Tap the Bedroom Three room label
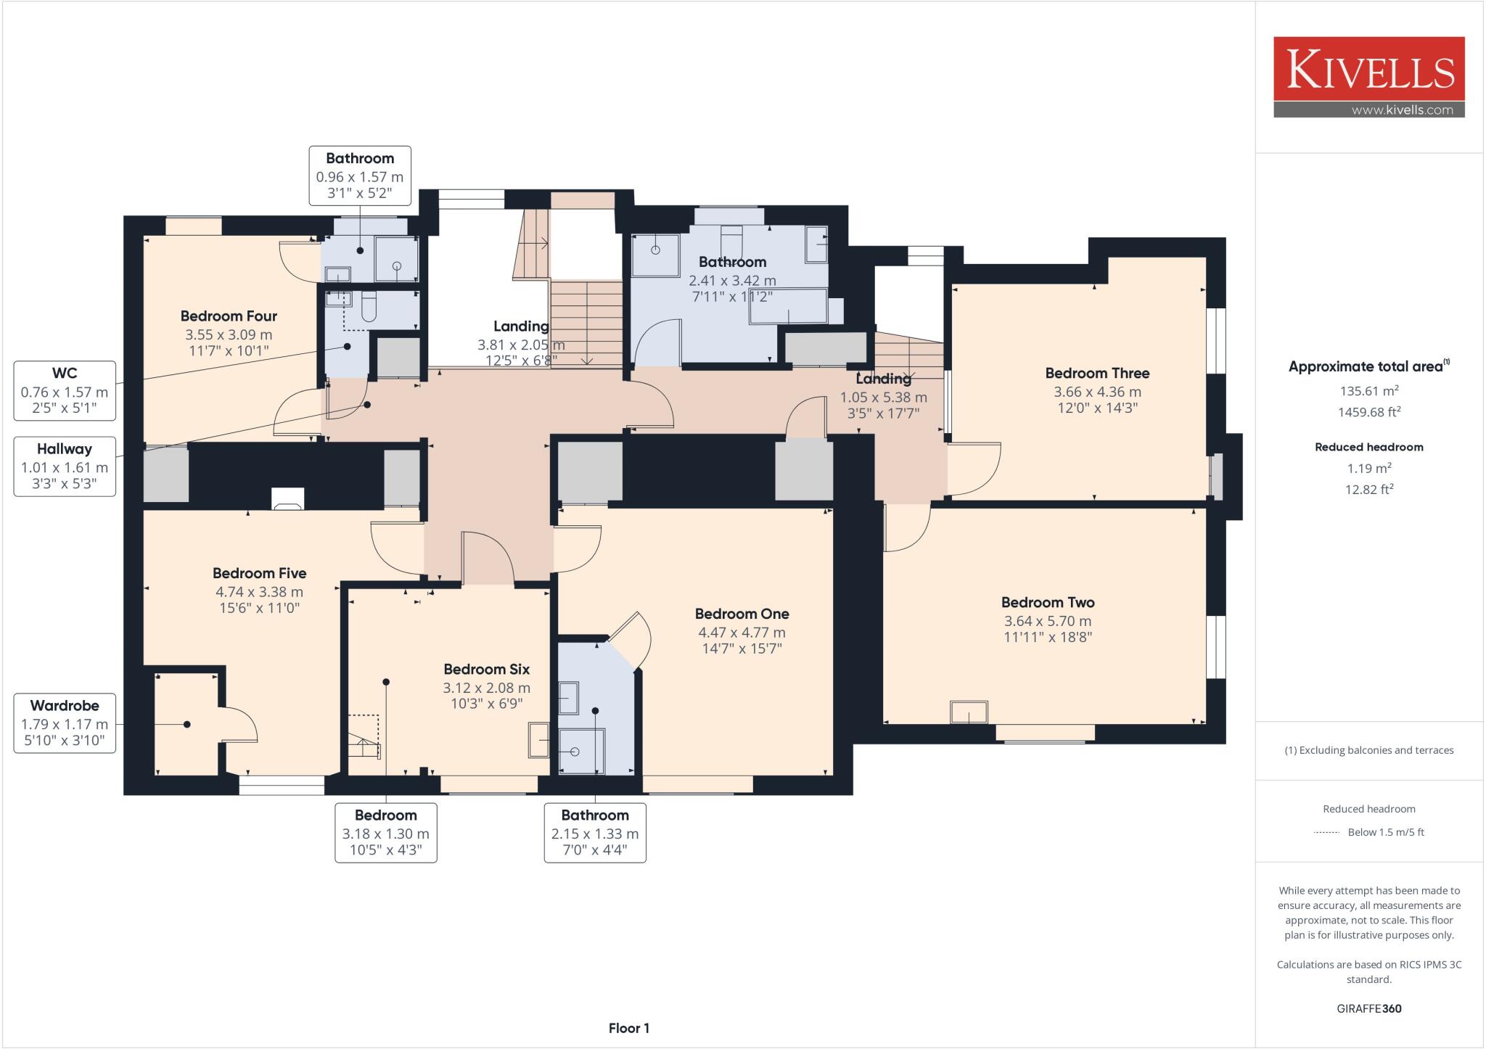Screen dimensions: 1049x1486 [x=1096, y=374]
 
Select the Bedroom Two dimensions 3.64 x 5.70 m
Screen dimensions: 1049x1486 [x=1047, y=621]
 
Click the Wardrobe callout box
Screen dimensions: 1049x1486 [x=65, y=723]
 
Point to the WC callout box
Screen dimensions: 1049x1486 [x=65, y=391]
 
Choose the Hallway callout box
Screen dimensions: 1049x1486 [x=65, y=466]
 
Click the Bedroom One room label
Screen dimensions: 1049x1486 [x=742, y=614]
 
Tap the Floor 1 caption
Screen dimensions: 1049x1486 [x=628, y=1028]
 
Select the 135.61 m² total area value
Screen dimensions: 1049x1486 [x=1368, y=391]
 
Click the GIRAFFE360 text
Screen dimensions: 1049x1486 [x=1368, y=1008]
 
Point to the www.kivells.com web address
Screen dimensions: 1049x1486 [x=1401, y=110]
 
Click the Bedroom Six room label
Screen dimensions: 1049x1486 [x=486, y=669]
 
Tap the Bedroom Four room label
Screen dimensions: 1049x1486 [x=229, y=316]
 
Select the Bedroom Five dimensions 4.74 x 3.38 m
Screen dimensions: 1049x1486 [x=259, y=592]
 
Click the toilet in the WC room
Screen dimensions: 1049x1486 [x=368, y=308]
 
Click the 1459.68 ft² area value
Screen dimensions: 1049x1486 [x=1368, y=412]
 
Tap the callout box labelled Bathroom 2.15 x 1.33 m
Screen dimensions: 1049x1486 [x=595, y=832]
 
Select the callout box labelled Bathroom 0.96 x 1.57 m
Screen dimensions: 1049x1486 [x=360, y=176]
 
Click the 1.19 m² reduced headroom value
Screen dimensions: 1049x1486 [x=1368, y=468]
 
